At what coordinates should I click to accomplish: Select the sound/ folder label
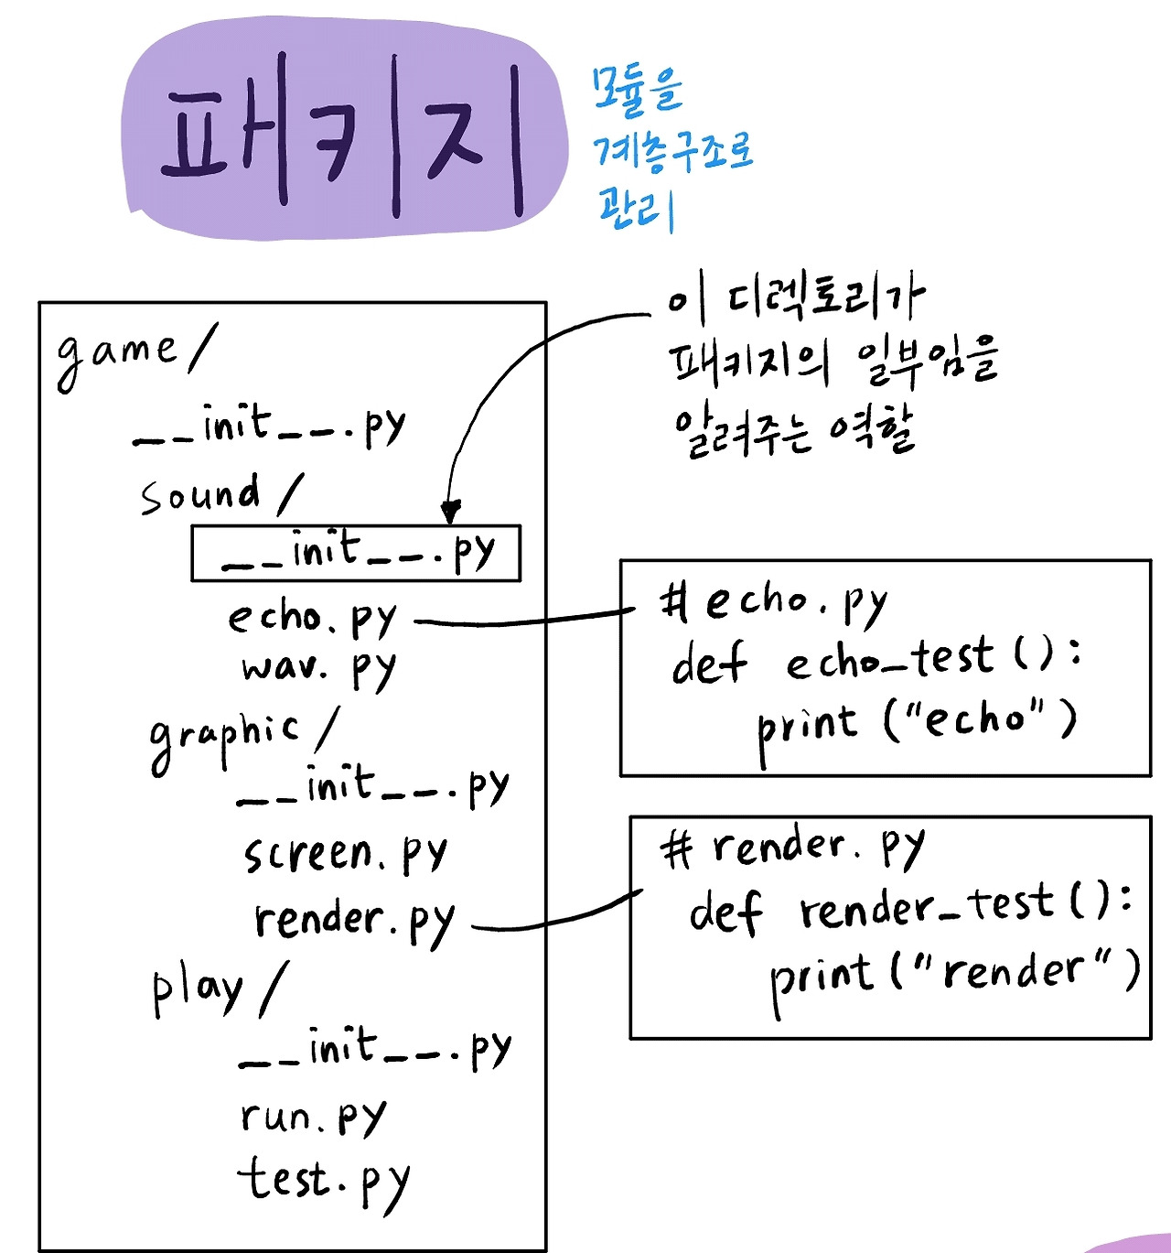point(220,494)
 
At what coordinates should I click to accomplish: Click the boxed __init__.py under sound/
point(357,553)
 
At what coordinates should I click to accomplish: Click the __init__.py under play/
point(374,1049)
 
